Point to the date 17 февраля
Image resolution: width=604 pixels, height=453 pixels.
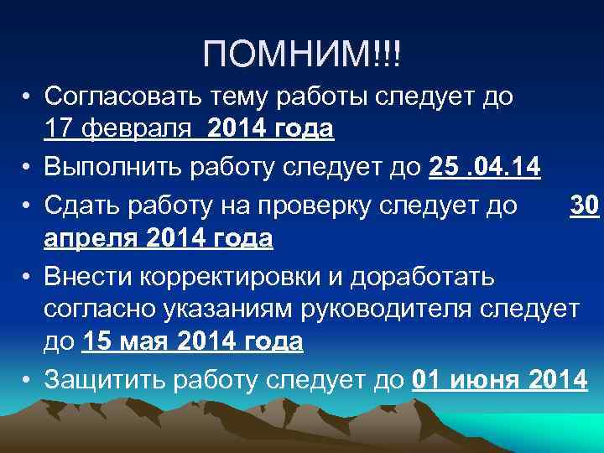click(x=112, y=130)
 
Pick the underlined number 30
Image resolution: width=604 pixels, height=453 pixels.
click(x=584, y=205)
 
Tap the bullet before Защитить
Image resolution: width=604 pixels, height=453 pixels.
click(x=28, y=380)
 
